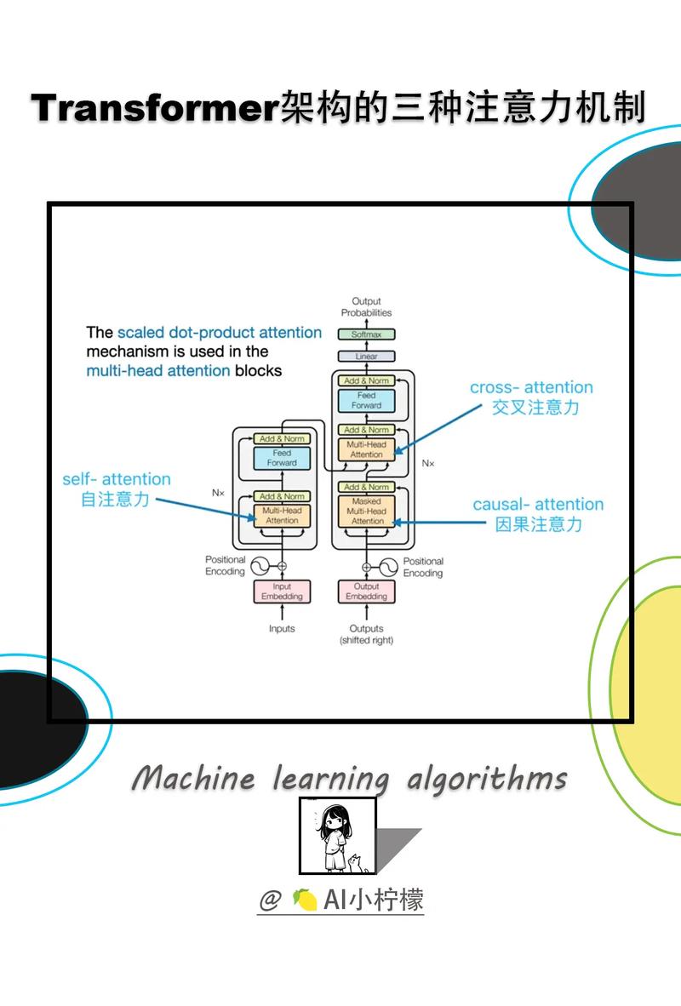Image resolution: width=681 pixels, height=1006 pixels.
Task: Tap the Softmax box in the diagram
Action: [367, 335]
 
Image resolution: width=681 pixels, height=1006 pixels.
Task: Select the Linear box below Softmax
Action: [367, 357]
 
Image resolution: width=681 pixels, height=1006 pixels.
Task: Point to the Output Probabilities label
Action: [367, 306]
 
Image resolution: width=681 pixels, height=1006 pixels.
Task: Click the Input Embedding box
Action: [282, 592]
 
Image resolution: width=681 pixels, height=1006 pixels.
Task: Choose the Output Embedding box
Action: [367, 592]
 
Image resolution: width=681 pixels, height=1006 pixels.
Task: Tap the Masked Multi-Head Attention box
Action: [367, 512]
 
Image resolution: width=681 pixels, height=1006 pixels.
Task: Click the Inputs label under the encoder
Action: [282, 628]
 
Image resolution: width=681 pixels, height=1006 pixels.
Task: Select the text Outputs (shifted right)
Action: [367, 634]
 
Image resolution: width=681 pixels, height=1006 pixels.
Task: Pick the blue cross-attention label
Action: [531, 387]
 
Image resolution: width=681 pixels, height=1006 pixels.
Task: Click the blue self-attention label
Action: [117, 479]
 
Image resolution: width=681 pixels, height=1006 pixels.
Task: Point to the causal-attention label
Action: [538, 505]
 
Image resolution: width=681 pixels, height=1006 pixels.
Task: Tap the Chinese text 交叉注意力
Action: [535, 408]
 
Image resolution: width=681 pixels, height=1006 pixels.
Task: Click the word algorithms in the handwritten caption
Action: [487, 779]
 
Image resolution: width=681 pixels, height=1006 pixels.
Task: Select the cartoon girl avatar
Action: [337, 836]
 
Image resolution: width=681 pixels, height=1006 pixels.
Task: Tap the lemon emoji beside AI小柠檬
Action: [305, 899]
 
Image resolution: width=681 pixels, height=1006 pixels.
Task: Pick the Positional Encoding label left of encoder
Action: [226, 566]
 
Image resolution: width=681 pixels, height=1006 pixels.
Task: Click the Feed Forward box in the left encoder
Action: [282, 458]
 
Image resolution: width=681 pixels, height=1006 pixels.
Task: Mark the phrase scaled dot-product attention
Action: [220, 333]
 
